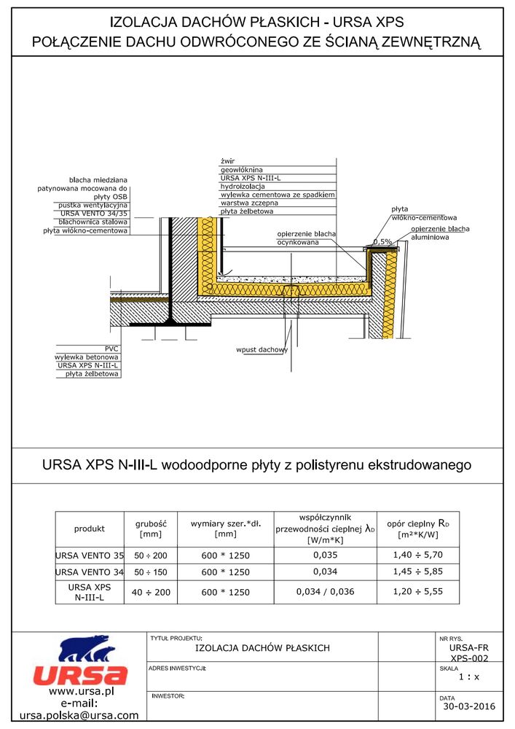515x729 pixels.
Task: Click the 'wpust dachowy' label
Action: coord(262,350)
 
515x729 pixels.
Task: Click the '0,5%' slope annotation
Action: coord(382,241)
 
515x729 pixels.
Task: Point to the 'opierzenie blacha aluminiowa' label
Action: coord(440,233)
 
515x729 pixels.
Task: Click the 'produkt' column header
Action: coord(90,529)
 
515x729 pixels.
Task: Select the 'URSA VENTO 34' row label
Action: coord(90,572)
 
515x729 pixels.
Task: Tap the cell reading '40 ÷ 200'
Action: coord(152,592)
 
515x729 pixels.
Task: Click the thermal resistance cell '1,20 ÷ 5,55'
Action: coord(418,592)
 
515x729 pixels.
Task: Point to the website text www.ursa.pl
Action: coord(79,691)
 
